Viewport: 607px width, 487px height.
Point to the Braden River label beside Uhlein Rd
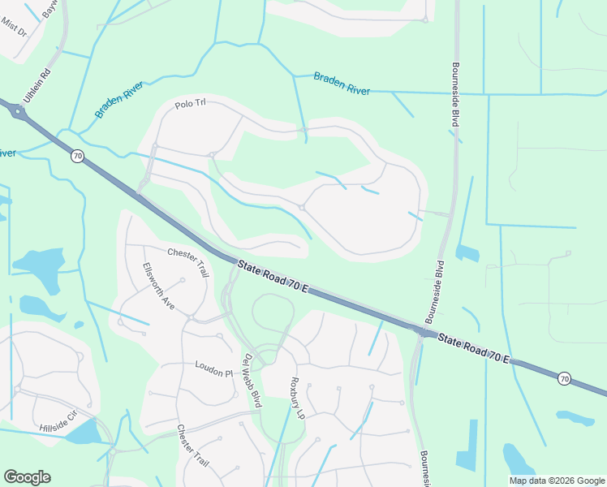[119, 100]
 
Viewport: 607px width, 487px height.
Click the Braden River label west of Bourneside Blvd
[342, 83]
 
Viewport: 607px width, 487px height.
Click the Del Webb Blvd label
[252, 380]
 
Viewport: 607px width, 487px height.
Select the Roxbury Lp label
[298, 397]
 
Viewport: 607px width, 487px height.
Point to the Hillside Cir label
[58, 420]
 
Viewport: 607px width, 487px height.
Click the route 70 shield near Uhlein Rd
[77, 156]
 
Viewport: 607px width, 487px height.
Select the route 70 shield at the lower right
[564, 378]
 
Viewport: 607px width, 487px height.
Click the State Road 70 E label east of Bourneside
[475, 347]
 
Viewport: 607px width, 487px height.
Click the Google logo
[27, 477]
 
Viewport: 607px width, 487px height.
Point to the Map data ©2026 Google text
[557, 481]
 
